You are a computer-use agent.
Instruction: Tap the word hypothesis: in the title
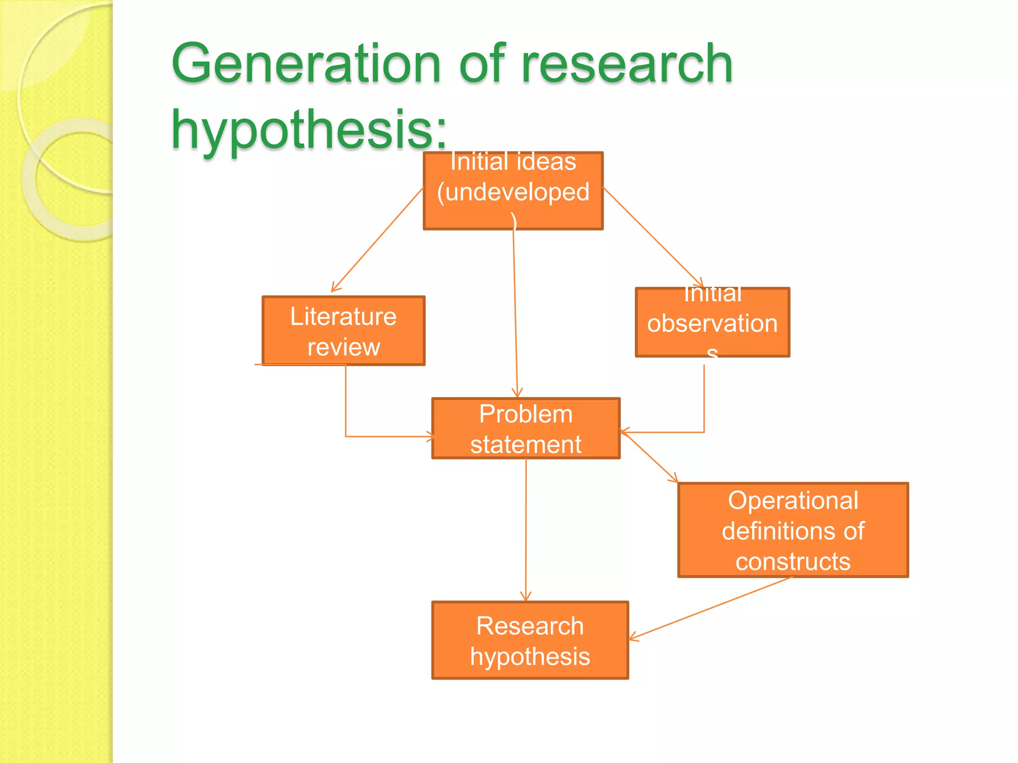click(x=308, y=130)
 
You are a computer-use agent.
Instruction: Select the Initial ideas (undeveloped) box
click(x=513, y=191)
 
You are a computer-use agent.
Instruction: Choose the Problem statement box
click(x=525, y=428)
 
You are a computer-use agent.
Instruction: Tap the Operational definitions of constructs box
click(x=793, y=530)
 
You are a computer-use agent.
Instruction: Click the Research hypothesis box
click(x=530, y=640)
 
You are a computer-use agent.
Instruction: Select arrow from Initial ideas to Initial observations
click(x=652, y=237)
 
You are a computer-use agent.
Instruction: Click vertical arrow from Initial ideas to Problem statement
click(x=515, y=313)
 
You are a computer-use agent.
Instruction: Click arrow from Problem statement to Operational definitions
click(x=649, y=457)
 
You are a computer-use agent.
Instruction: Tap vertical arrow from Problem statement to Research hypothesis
click(x=526, y=529)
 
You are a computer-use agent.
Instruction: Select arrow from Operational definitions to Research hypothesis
click(x=711, y=608)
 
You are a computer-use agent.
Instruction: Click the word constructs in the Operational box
click(x=793, y=562)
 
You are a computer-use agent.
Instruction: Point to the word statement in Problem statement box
click(x=525, y=444)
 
